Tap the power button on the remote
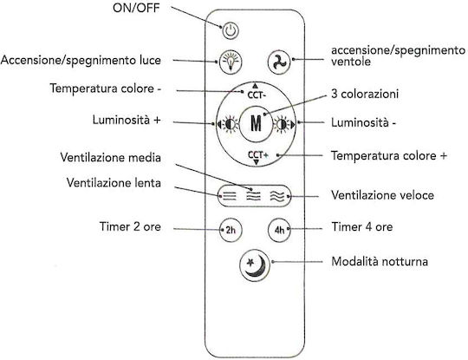[x=231, y=30]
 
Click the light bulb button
[x=231, y=62]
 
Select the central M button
[x=256, y=123]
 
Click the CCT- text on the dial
[x=257, y=95]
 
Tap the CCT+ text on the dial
[x=258, y=154]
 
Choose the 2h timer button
[x=231, y=230]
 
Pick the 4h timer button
[x=279, y=230]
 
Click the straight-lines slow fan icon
[x=229, y=196]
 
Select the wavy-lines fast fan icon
[x=277, y=196]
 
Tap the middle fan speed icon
[x=253, y=196]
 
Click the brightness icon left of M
[x=231, y=124]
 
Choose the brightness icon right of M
[x=281, y=124]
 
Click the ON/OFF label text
[x=136, y=8]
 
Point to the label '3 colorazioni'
[x=365, y=94]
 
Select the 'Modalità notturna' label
[x=380, y=261]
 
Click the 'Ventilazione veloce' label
[x=383, y=195]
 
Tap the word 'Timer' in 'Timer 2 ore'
[x=114, y=226]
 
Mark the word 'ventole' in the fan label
[x=351, y=62]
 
